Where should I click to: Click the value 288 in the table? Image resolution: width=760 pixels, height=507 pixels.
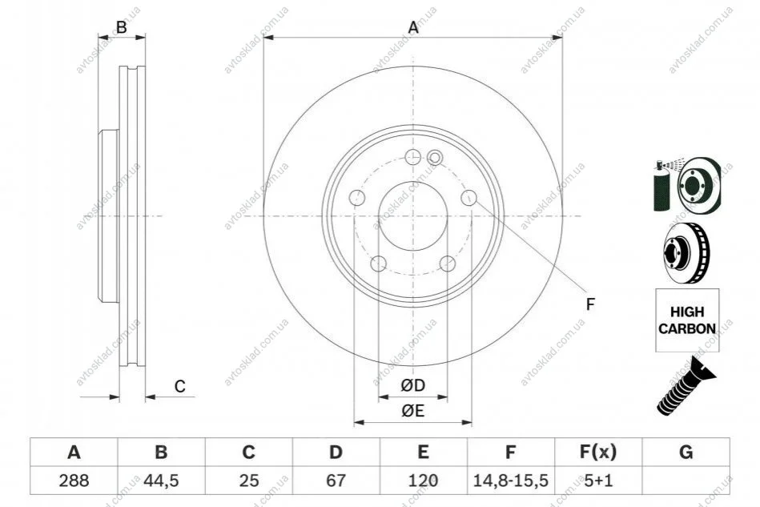[x=74, y=481]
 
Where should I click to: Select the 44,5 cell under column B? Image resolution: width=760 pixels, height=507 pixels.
[x=161, y=481]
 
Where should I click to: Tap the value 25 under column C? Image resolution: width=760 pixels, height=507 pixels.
[x=248, y=481]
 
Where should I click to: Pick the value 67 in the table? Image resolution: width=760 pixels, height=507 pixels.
[x=336, y=481]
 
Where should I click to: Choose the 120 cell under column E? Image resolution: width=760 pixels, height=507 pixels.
[x=423, y=481]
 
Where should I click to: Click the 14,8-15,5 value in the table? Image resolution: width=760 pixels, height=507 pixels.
[x=510, y=481]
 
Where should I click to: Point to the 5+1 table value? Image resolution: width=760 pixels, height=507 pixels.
[x=598, y=481]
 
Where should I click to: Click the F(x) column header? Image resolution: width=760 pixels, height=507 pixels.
[x=598, y=453]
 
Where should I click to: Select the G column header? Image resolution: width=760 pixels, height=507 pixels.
[x=686, y=453]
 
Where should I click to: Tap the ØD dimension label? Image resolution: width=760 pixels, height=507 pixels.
[x=413, y=385]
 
